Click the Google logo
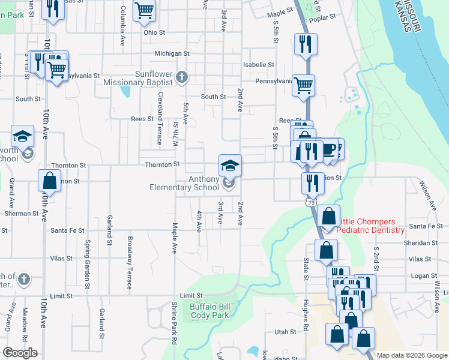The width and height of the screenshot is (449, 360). [x=20, y=353]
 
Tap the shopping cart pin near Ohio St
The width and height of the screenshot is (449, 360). [x=144, y=11]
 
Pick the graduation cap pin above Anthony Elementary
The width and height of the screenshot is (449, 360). [x=230, y=166]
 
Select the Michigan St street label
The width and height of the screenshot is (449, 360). [x=172, y=53]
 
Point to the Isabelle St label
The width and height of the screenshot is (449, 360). [x=258, y=64]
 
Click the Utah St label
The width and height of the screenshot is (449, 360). [x=285, y=332]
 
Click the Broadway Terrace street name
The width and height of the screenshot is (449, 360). [x=130, y=263]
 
